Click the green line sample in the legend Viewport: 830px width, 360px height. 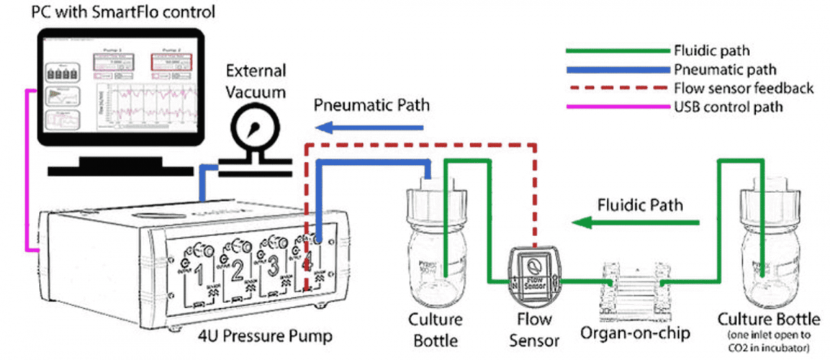click(x=617, y=52)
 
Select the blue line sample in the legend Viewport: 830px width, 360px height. click(x=617, y=71)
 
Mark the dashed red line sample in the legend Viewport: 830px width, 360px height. click(x=617, y=89)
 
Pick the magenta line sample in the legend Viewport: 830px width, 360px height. click(x=617, y=108)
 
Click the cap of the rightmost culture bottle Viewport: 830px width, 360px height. click(x=772, y=204)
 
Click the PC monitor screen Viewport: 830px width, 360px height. click(x=116, y=89)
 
